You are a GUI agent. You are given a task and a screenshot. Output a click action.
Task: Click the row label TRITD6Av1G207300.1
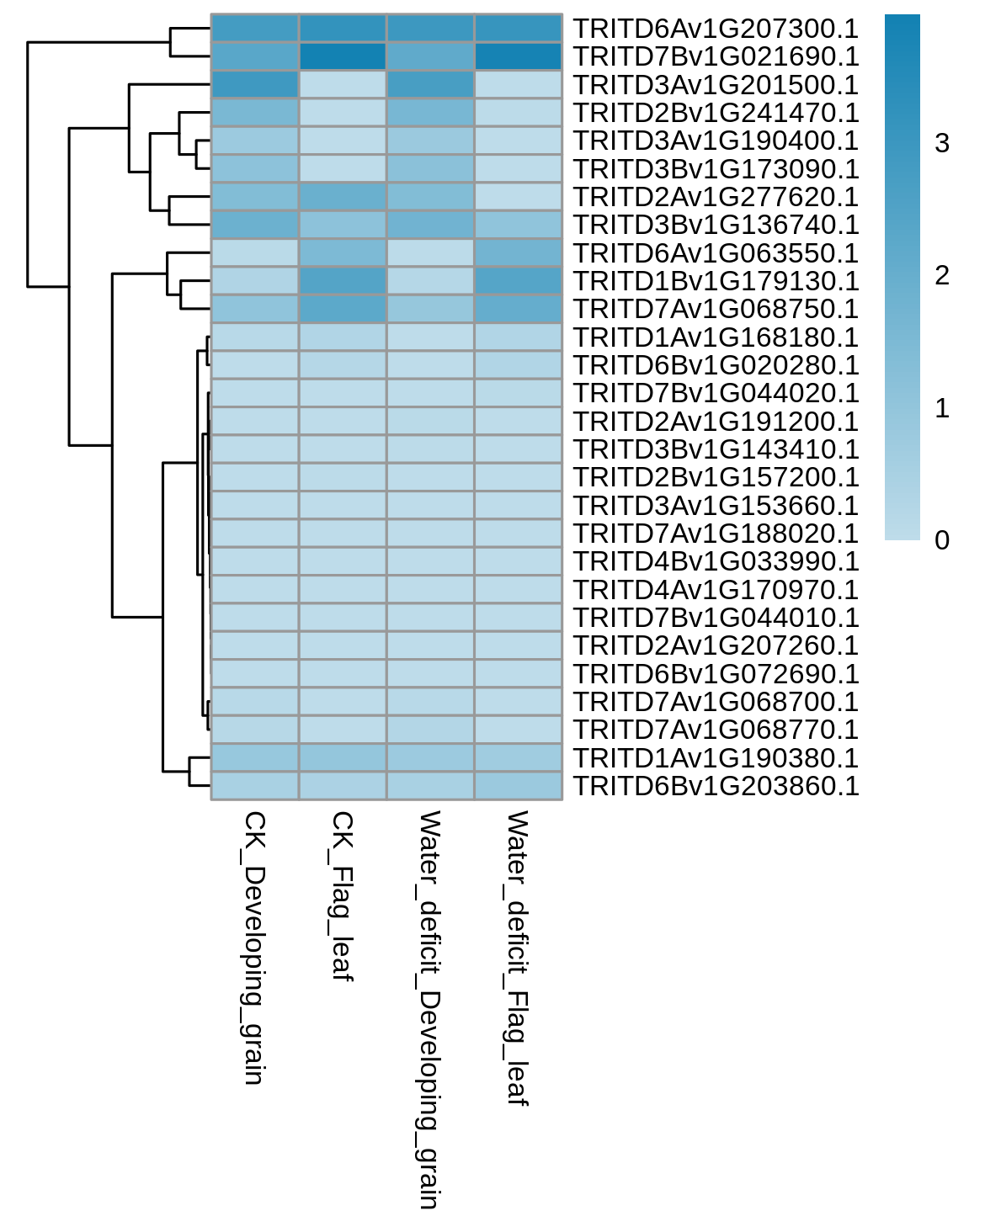tap(716, 29)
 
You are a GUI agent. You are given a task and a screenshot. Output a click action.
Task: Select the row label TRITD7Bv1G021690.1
tap(716, 56)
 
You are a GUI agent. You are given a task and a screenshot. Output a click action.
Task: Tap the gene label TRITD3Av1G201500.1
tap(716, 85)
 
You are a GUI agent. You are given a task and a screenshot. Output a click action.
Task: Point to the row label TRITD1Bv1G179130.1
tap(716, 281)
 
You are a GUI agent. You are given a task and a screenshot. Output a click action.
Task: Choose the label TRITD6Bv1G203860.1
tap(716, 786)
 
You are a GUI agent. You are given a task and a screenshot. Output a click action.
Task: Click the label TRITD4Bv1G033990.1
tap(716, 561)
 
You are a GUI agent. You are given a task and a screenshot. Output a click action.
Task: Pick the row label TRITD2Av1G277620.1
tap(716, 197)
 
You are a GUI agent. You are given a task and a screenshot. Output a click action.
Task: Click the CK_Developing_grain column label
tap(253, 948)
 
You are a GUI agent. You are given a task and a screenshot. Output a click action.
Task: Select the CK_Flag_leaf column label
tap(342, 896)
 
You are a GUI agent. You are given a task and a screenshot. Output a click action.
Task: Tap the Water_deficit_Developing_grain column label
tap(429, 1010)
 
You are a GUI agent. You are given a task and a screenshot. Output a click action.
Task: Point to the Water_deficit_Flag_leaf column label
tap(517, 959)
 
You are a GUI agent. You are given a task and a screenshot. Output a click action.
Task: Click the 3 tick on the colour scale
tap(941, 143)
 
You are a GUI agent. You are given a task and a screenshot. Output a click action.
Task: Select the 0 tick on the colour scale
tap(941, 540)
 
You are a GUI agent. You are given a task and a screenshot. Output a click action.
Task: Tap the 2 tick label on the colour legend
tap(941, 276)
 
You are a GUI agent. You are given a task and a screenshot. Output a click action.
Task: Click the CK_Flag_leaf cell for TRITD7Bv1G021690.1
tap(343, 56)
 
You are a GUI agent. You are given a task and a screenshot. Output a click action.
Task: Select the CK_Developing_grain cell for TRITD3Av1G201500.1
tap(255, 85)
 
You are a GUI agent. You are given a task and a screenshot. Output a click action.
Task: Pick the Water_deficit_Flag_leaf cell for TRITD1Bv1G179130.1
tap(519, 281)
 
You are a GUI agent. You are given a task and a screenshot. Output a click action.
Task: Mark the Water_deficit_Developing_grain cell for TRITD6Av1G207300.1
tap(431, 29)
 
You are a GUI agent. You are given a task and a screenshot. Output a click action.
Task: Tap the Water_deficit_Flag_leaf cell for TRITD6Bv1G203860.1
tap(519, 786)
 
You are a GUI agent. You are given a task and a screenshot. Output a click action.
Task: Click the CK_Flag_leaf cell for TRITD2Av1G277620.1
tap(343, 197)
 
